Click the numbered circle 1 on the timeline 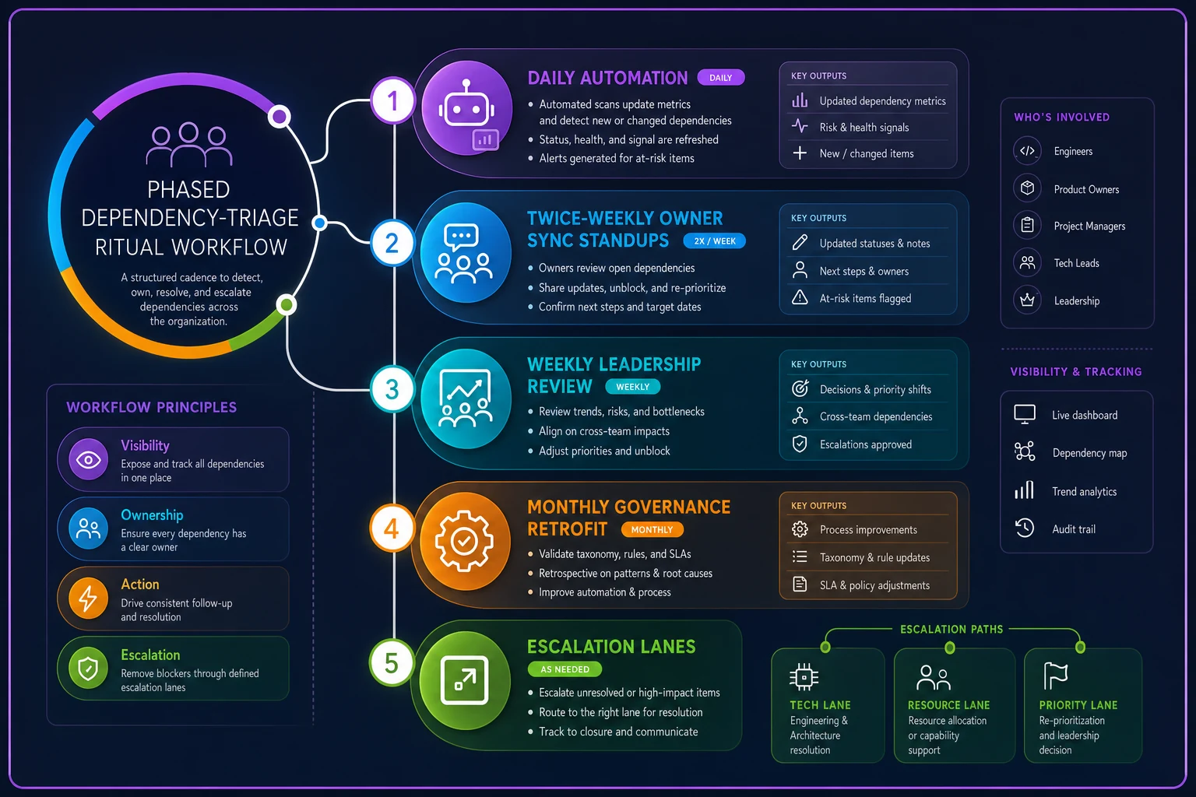[x=393, y=101]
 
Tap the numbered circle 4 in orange [x=392, y=528]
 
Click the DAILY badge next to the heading [x=721, y=77]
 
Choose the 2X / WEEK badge [x=714, y=241]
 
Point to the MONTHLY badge [x=652, y=529]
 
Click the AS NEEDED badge [x=565, y=669]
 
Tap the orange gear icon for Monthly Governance [x=465, y=541]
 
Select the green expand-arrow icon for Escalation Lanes [x=465, y=680]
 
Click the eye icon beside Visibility [x=89, y=459]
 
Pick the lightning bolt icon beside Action [x=89, y=598]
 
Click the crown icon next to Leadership [x=1027, y=300]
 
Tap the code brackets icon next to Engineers [x=1027, y=151]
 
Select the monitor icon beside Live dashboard [x=1025, y=414]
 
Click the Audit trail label [x=1074, y=529]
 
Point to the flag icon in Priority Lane [x=1055, y=676]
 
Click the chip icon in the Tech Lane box [x=804, y=677]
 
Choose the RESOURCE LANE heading [x=949, y=705]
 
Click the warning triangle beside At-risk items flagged [x=800, y=297]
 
